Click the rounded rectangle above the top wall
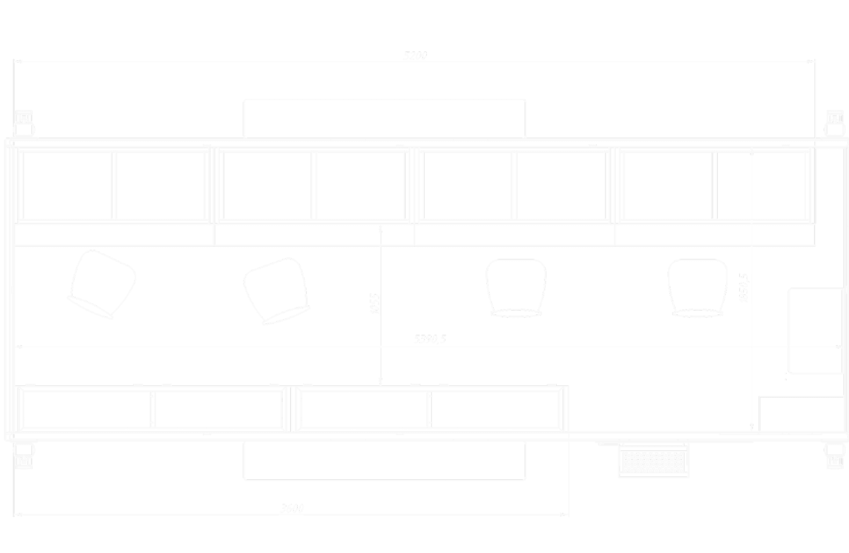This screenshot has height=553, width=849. point(385,118)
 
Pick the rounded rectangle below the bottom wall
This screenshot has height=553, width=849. point(385,461)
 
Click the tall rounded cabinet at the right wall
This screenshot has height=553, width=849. point(816,331)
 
